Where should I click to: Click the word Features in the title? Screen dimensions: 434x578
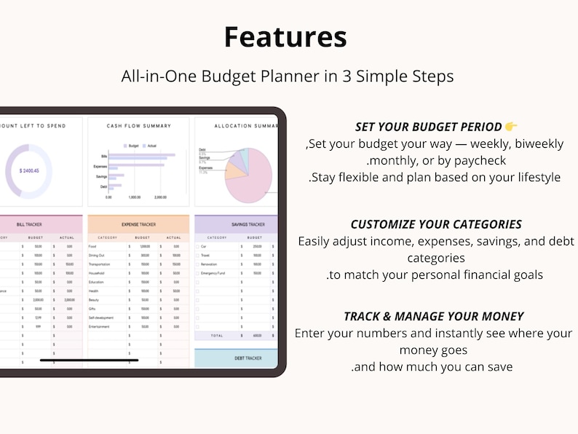(x=285, y=36)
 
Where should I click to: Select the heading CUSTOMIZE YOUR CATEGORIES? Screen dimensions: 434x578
(x=436, y=224)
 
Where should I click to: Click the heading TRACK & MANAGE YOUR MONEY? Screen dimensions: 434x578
(x=434, y=316)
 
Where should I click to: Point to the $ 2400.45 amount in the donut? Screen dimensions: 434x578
(x=25, y=170)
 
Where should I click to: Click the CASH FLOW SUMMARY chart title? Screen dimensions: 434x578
(x=138, y=126)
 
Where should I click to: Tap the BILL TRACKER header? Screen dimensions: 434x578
(x=40, y=225)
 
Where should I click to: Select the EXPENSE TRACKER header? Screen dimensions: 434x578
(x=138, y=225)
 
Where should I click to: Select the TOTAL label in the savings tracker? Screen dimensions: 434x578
(x=216, y=336)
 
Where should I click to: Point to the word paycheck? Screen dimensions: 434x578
(x=478, y=160)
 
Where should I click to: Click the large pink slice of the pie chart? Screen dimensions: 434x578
(x=255, y=182)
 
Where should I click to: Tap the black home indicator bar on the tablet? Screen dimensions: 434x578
(x=89, y=360)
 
